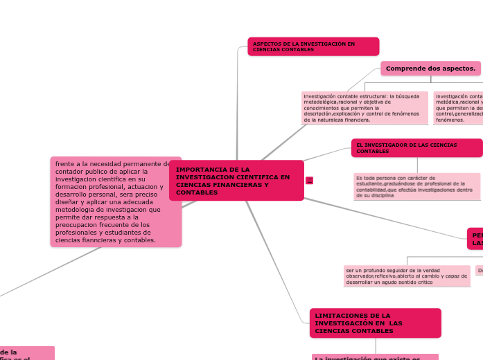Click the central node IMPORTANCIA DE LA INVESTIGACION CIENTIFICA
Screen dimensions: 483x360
(236, 180)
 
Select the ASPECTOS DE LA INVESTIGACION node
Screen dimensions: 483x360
(313, 46)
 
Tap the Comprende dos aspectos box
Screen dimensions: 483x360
(430, 68)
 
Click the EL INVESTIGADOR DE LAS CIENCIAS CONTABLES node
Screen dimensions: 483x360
(416, 147)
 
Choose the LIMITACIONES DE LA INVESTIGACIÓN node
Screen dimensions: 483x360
(375, 323)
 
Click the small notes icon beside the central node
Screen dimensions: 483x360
(309, 181)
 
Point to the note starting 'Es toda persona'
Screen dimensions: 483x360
(416, 186)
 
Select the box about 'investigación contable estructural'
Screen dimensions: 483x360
(364, 107)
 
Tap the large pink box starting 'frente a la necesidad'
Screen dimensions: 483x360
(116, 201)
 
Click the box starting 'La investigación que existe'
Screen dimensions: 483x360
(375, 357)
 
